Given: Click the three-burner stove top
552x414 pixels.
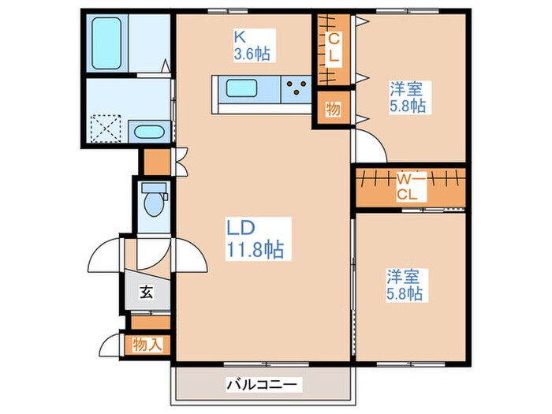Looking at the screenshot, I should click(297, 88).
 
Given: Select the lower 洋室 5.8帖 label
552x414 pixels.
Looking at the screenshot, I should click(405, 285).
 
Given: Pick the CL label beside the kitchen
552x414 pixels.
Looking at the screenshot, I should click(335, 47).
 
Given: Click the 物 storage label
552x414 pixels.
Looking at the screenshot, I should click(334, 109).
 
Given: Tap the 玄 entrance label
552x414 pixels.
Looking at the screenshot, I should click(146, 293).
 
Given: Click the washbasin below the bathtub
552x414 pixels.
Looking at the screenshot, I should click(147, 132).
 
